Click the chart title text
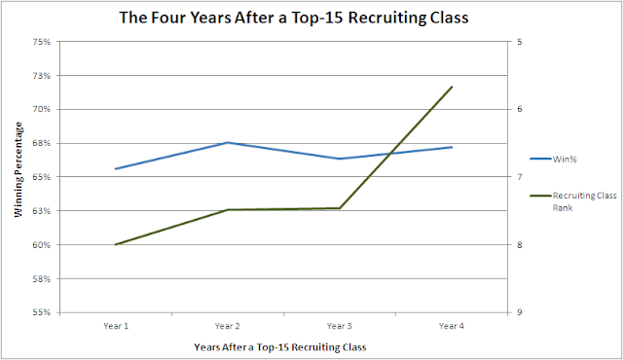(294, 18)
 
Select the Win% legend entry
(553, 160)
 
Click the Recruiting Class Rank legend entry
(573, 201)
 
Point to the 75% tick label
(42, 42)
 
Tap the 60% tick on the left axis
(42, 245)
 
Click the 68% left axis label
(42, 143)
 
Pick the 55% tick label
(42, 312)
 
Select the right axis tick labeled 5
(520, 42)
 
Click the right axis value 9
(520, 312)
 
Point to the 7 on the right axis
(520, 177)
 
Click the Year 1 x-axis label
(116, 326)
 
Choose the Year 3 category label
(340, 326)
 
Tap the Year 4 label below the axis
(452, 326)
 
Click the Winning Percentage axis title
(18, 169)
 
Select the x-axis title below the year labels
(280, 347)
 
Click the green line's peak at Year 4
(452, 87)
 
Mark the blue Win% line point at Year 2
(228, 142)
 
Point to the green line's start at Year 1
(116, 244)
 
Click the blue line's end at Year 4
(452, 147)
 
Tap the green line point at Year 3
(340, 208)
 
